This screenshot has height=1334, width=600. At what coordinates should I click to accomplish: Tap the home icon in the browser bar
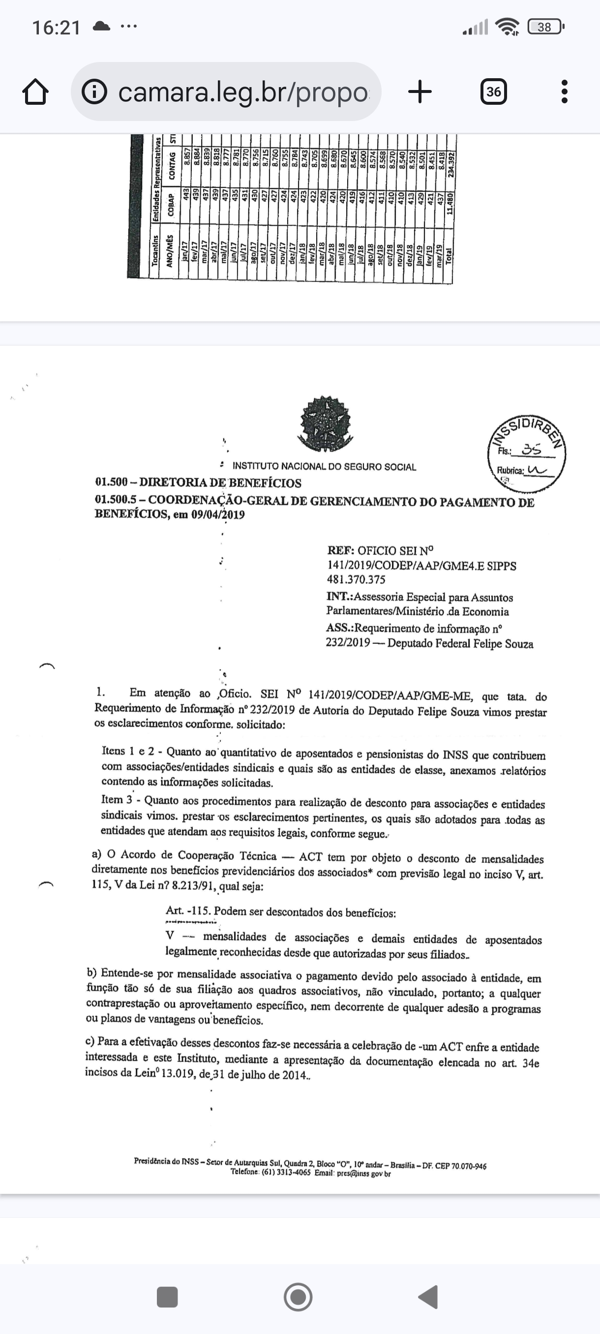[x=36, y=92]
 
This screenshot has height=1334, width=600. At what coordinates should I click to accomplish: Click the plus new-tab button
[x=420, y=91]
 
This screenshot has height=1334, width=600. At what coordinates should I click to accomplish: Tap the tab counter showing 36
[x=493, y=91]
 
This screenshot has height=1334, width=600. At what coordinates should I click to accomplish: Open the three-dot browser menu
[x=564, y=91]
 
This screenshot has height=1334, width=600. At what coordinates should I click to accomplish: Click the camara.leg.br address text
[x=243, y=92]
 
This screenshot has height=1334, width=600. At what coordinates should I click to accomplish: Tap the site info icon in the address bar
[x=95, y=92]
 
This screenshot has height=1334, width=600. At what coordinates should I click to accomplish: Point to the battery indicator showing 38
[x=544, y=27]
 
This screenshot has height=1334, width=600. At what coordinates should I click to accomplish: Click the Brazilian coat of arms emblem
[x=325, y=424]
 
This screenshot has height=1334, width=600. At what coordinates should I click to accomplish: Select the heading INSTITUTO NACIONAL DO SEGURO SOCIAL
[x=324, y=467]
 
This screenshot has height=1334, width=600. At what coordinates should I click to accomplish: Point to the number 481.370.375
[x=356, y=579]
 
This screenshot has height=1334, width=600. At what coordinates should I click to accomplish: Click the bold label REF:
[x=341, y=550]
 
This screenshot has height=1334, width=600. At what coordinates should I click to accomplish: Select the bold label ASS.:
[x=340, y=628]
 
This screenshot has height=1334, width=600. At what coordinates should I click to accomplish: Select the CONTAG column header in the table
[x=171, y=165]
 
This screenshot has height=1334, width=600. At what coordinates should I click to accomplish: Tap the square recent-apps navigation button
[x=167, y=1297]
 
